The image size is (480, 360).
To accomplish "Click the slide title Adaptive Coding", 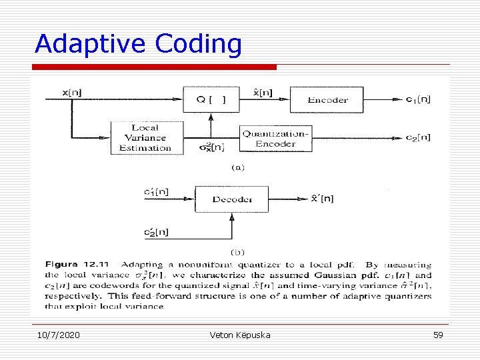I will click(138, 43).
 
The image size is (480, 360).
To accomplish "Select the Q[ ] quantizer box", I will click(210, 99).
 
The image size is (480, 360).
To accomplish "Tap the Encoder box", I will click(327, 99).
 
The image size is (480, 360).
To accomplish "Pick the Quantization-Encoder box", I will click(275, 139).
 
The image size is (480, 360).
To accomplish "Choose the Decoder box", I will click(231, 199).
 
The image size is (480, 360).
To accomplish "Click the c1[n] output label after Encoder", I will click(418, 99).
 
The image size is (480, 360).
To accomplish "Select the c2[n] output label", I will click(418, 138).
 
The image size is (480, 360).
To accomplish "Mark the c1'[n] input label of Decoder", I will click(156, 192).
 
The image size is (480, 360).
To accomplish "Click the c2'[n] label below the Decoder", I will click(156, 232).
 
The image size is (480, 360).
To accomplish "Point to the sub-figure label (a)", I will click(237, 167).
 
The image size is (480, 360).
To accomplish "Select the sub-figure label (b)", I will click(237, 252).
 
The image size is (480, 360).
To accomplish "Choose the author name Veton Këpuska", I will click(239, 335).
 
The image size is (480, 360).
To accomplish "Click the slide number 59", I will click(438, 335).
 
